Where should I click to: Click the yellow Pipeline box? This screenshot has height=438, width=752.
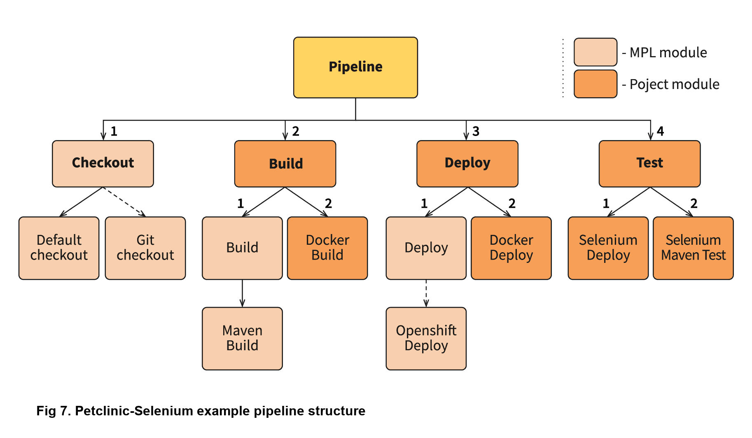pyautogui.click(x=355, y=68)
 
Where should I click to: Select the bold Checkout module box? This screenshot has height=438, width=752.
pyautogui.click(x=103, y=164)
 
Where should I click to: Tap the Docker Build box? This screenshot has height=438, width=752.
pyautogui.click(x=327, y=248)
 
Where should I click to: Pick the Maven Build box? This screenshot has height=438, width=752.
pyautogui.click(x=242, y=338)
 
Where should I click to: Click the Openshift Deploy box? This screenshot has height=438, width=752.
pyautogui.click(x=426, y=338)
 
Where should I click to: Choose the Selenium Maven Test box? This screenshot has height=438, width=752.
pyautogui.click(x=693, y=248)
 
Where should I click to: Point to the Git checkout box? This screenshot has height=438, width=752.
pyautogui.click(x=145, y=248)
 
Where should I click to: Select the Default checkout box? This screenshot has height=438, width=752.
pyautogui.click(x=59, y=248)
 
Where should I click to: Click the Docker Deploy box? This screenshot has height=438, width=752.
pyautogui.click(x=511, y=248)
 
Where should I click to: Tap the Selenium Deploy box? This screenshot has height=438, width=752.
pyautogui.click(x=608, y=248)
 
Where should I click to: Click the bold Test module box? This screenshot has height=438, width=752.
pyautogui.click(x=649, y=164)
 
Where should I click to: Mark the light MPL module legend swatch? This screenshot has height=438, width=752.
pyautogui.click(x=596, y=52)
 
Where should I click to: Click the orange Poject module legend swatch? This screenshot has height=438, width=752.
pyautogui.click(x=596, y=84)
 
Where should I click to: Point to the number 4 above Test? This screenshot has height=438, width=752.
pyautogui.click(x=660, y=131)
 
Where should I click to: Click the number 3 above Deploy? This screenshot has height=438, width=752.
pyautogui.click(x=476, y=131)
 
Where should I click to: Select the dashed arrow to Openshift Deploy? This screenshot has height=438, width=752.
pyautogui.click(x=426, y=293)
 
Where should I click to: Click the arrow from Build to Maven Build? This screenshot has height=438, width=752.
pyautogui.click(x=242, y=293)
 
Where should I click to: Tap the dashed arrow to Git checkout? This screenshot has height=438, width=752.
pyautogui.click(x=124, y=201)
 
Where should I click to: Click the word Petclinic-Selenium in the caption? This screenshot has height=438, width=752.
pyautogui.click(x=134, y=411)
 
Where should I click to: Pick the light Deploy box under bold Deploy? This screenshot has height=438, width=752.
pyautogui.click(x=426, y=248)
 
